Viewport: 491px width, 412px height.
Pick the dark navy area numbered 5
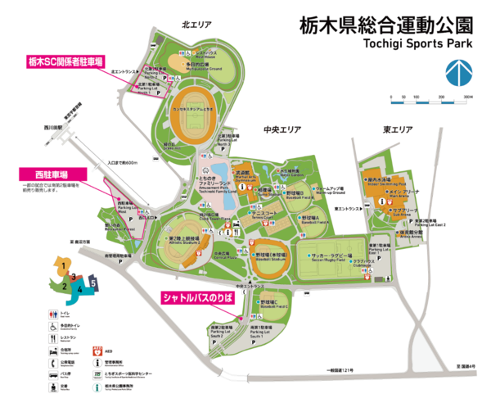(x=94, y=283)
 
